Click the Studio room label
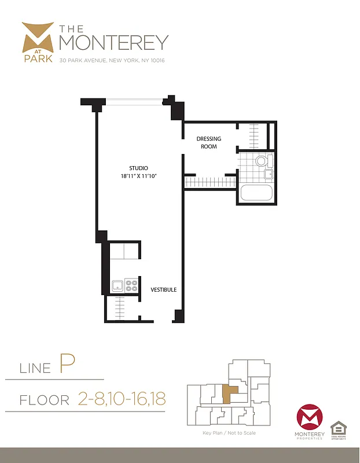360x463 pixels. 138,168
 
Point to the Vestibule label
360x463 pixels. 164,289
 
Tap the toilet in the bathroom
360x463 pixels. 261,161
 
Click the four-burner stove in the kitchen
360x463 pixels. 131,285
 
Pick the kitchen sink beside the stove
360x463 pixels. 117,285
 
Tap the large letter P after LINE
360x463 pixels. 67,365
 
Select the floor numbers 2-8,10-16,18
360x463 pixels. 121,399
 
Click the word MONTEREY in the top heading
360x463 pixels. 114,42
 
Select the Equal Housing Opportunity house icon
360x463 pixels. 337,429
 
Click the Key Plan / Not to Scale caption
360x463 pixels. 229,433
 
